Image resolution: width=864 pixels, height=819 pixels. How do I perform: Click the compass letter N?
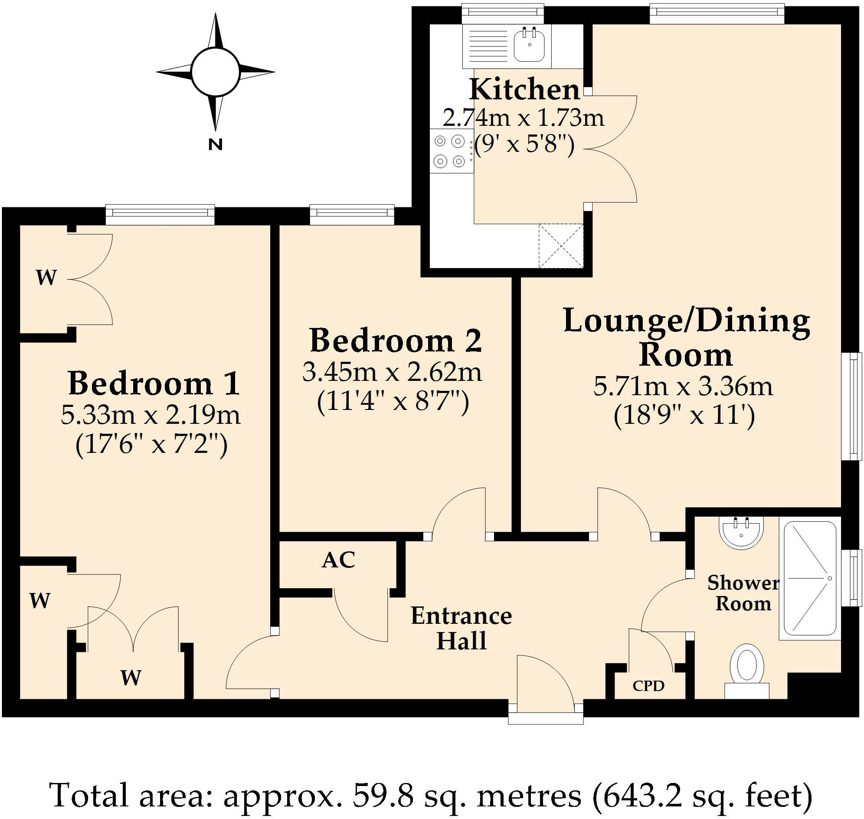click(x=215, y=144)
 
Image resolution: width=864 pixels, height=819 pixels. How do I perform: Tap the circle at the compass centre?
click(x=215, y=72)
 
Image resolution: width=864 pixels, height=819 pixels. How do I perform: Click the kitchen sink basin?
click(x=529, y=45)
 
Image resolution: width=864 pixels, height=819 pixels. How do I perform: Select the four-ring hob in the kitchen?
click(x=449, y=151)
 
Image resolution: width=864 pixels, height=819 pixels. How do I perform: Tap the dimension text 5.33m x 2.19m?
click(x=151, y=415)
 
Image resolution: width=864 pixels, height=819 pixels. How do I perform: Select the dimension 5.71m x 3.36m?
click(x=683, y=386)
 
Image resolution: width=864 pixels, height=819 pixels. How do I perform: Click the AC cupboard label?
click(x=338, y=560)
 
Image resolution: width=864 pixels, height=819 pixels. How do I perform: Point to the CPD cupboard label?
click(x=648, y=686)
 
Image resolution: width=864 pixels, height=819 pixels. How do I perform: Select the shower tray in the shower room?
click(x=810, y=578)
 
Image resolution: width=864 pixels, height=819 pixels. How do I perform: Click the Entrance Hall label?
click(x=461, y=628)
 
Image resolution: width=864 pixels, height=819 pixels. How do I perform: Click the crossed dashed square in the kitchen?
click(x=561, y=246)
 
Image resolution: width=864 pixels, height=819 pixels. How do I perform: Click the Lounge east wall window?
click(x=851, y=406)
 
